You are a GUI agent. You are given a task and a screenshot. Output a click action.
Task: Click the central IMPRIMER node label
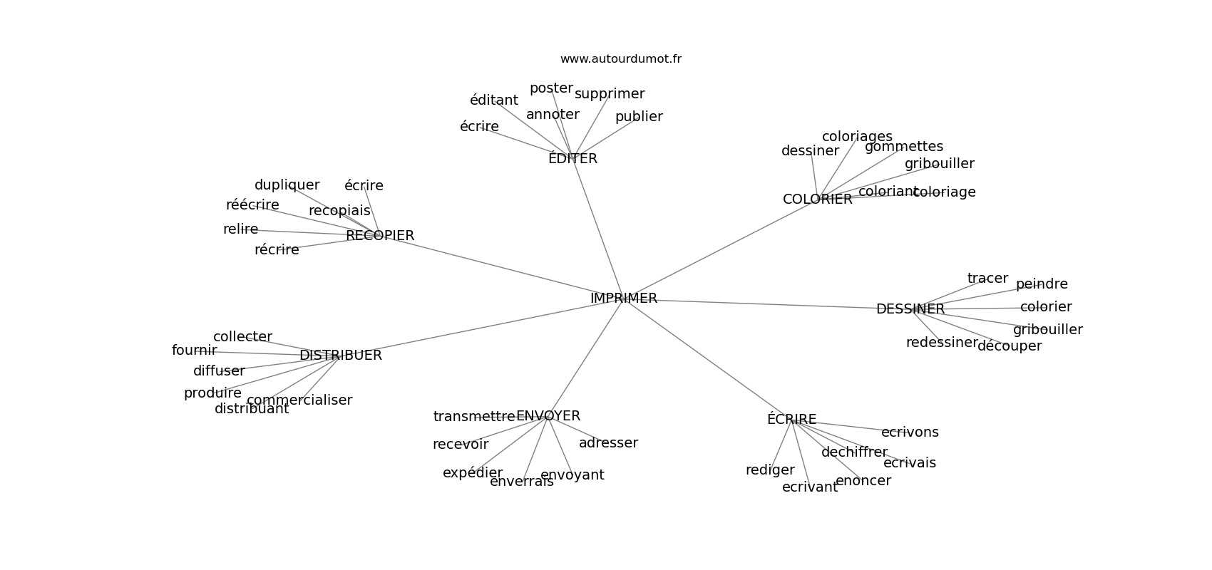pos(624,299)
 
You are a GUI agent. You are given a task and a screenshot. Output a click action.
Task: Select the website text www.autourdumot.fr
pos(620,59)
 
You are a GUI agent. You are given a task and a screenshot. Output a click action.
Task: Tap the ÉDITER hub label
pos(572,159)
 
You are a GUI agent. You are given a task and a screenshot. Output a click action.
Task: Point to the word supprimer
pos(610,94)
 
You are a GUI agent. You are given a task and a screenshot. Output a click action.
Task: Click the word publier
pos(639,117)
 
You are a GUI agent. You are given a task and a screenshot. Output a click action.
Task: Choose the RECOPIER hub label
pos(380,236)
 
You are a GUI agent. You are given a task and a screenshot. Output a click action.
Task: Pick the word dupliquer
pos(287,185)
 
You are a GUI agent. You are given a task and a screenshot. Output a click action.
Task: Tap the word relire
pos(240,229)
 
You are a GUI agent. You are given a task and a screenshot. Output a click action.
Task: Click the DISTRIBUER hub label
pos(341,356)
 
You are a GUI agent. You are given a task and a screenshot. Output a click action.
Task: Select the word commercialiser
pos(299,400)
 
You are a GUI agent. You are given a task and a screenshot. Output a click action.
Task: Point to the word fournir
pos(194,351)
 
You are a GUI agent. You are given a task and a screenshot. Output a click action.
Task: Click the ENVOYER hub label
pos(548,416)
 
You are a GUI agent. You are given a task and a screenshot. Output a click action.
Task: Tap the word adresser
pos(608,443)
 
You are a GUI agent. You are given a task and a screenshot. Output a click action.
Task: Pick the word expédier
pos(473,473)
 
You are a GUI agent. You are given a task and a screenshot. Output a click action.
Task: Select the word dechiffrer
pos(854,452)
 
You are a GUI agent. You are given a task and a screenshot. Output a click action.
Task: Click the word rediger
pos(770,470)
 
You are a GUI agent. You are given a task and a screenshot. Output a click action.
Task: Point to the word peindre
pos(1042,284)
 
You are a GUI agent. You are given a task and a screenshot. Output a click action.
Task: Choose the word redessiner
pos(942,343)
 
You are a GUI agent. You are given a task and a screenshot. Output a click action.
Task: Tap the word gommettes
pos(904,147)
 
